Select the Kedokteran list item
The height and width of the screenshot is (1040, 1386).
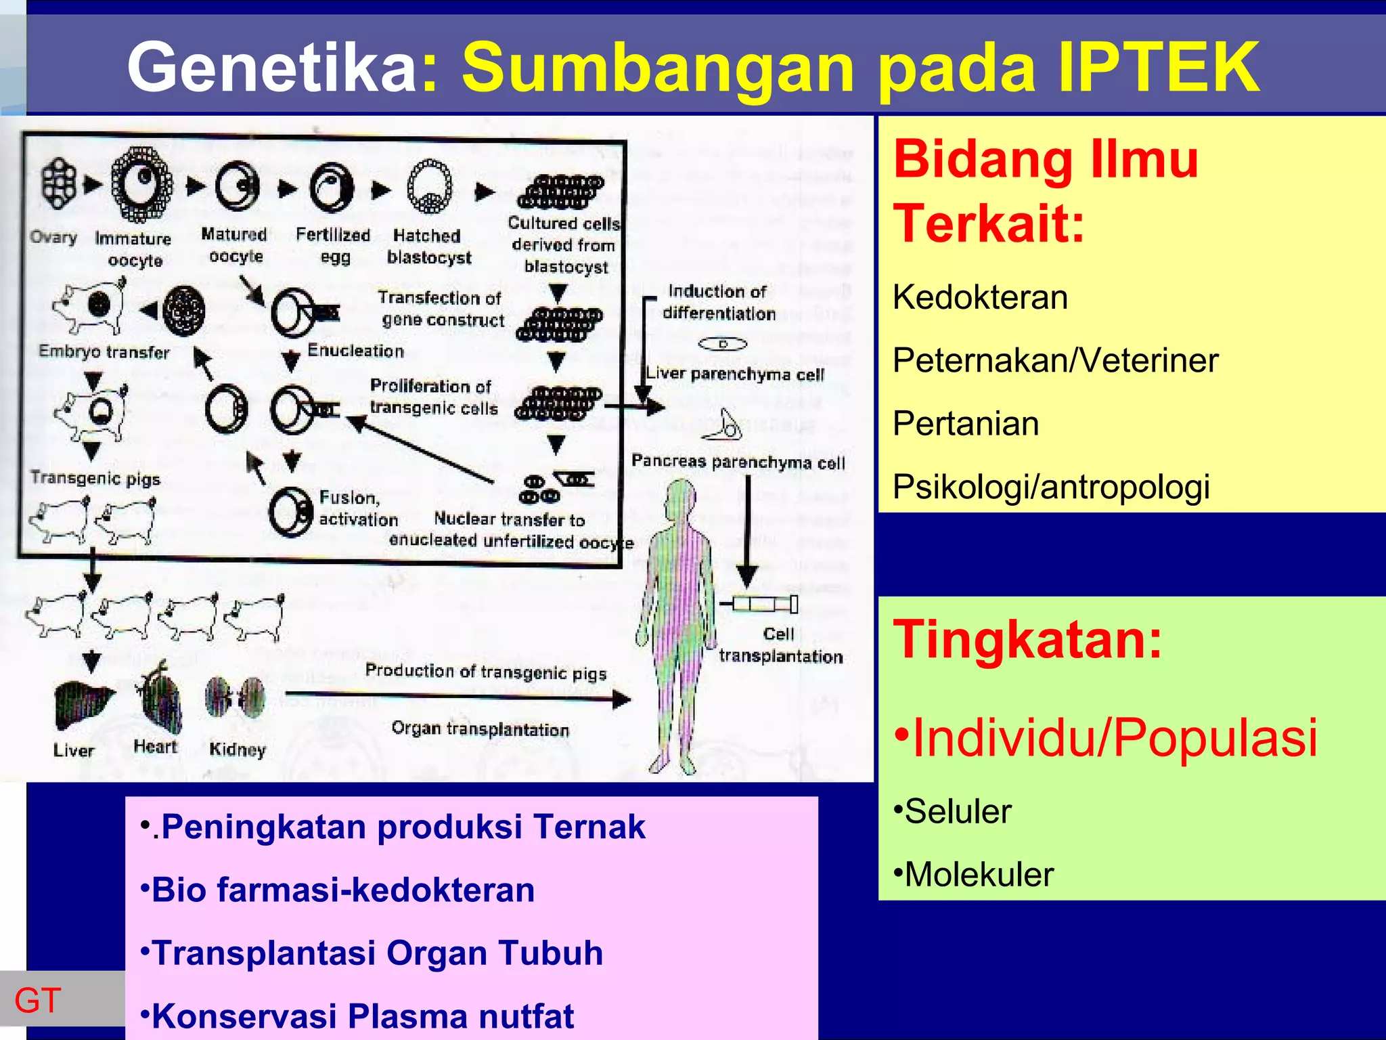(x=980, y=297)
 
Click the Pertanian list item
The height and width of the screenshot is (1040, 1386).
(x=965, y=424)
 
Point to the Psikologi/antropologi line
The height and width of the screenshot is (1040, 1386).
(x=1050, y=487)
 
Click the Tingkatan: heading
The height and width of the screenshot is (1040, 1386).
(x=1027, y=640)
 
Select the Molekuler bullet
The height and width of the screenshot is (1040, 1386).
(x=975, y=874)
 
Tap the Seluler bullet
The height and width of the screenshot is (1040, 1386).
(x=954, y=811)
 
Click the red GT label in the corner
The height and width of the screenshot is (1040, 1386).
(x=38, y=1000)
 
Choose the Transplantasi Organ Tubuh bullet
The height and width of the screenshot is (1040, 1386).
(x=372, y=953)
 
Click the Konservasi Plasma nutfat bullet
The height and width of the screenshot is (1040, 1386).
(x=359, y=1016)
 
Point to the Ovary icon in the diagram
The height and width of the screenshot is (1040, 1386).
(x=58, y=183)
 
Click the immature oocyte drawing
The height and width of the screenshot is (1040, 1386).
(x=141, y=184)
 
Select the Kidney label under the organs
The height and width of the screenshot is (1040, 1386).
(x=238, y=750)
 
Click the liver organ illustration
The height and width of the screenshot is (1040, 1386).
(x=81, y=704)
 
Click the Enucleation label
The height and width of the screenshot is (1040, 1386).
(x=355, y=351)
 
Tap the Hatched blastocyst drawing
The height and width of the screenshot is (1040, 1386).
(x=429, y=186)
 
